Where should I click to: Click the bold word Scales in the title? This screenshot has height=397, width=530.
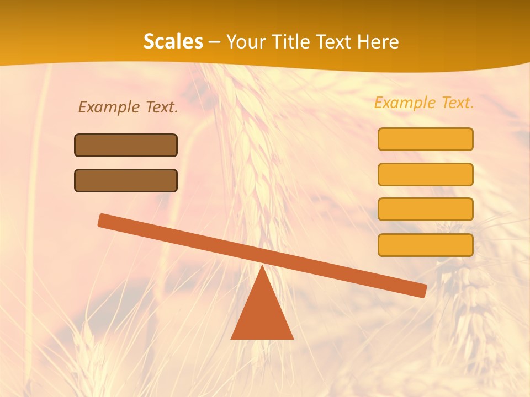(x=173, y=41)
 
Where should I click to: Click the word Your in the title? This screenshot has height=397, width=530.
(x=245, y=41)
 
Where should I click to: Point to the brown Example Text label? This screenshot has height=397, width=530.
(x=128, y=107)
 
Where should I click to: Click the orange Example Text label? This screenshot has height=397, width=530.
(x=424, y=103)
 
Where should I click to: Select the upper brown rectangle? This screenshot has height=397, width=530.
(x=126, y=145)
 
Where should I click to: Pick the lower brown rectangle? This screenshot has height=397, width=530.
(x=126, y=180)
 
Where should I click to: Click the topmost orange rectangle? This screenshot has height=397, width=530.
(x=425, y=139)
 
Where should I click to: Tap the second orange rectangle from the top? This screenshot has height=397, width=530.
(x=425, y=174)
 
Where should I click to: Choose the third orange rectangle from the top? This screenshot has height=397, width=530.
(x=425, y=209)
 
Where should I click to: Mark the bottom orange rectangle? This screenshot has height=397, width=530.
(x=425, y=245)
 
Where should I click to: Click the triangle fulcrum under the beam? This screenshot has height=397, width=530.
(x=262, y=314)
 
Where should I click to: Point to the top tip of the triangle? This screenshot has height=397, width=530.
(x=262, y=267)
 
